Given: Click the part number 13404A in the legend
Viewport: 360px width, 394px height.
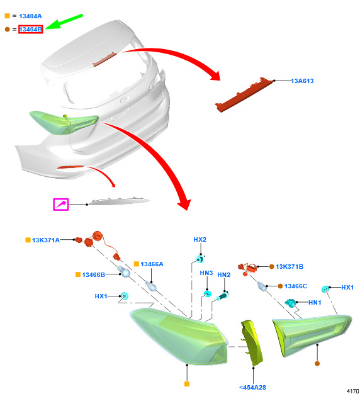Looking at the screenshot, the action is coord(30,16).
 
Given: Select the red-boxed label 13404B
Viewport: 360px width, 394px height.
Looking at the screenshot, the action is coord(31,30).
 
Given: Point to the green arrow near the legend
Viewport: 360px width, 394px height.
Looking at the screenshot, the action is coord(64,21).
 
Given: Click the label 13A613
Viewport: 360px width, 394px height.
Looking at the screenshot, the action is coord(302,81).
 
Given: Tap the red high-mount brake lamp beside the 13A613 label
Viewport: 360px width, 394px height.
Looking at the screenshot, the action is coord(244,94).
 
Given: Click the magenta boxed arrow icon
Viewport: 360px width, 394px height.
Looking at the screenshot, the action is coord(61,205).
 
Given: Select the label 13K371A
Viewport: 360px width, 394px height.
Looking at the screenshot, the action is coord(46,240).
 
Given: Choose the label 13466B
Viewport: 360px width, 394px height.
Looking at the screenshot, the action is coord(93,274).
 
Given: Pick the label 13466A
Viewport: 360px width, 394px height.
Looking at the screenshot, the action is coord(152,264).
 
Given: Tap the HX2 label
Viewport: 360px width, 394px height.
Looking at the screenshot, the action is coord(200,239).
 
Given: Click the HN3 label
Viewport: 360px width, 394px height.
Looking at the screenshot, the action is coord(206,273).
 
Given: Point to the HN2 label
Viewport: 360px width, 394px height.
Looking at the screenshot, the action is coord(224,275).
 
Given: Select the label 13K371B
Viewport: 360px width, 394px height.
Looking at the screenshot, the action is coord(290,267).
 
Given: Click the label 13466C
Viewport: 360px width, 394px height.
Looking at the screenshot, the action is coord(295,286).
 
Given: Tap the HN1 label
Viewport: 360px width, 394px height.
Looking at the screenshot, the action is coord(315,303).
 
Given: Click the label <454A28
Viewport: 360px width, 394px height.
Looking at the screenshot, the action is coord(252,388).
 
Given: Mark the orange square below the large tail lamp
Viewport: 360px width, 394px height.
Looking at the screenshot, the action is coord(187,384).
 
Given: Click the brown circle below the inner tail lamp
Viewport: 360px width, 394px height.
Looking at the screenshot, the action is coord(317,364).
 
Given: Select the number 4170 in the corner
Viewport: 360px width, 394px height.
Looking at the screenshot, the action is coord(352,391).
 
